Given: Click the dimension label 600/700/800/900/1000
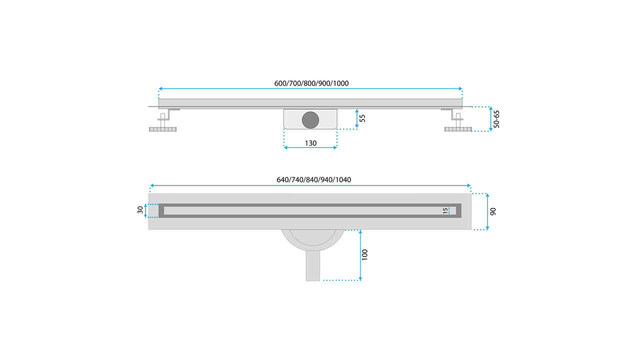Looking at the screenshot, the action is [311, 83].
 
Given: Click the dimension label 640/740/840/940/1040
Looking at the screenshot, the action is [313, 179].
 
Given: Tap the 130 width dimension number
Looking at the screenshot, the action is [310, 143].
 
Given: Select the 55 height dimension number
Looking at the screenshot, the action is [362, 118].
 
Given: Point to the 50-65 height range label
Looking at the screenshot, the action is [496, 119].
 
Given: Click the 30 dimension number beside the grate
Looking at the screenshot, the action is [140, 210].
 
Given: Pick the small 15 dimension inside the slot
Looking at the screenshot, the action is [445, 211].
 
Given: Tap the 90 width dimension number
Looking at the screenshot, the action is [493, 211].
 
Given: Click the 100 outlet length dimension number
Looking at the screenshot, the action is [364, 255].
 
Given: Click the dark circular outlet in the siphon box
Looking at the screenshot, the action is [310, 120].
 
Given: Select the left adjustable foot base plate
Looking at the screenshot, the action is [163, 129].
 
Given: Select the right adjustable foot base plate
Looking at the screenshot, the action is [458, 129].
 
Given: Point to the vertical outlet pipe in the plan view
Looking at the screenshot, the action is [313, 265].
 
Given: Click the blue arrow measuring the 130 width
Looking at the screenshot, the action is [310, 147].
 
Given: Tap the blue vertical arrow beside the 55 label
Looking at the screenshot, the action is [356, 118].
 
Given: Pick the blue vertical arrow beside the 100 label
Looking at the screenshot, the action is [360, 255].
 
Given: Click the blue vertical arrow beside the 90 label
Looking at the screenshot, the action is [487, 211].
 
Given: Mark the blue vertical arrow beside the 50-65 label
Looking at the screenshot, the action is [490, 119].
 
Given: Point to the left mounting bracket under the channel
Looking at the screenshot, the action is [169, 114].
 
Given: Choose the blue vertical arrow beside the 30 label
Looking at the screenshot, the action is [145, 210].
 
